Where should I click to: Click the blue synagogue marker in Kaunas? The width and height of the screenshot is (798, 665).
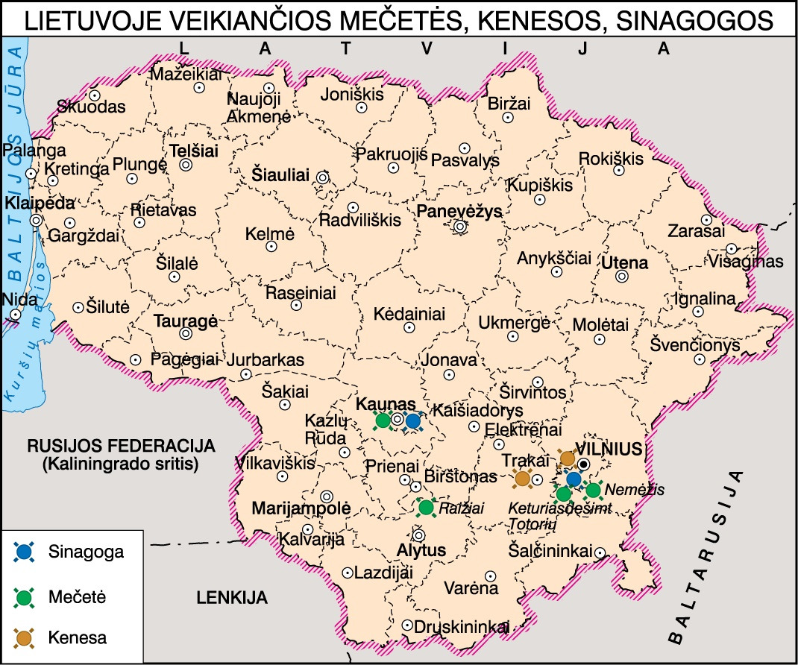point(412,421)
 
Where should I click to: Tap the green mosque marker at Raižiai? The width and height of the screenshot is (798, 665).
point(426,508)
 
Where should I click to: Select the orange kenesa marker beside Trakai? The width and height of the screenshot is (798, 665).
point(523,478)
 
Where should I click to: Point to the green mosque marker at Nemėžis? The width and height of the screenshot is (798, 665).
point(593,490)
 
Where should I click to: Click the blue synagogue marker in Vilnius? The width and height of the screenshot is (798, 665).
point(573,479)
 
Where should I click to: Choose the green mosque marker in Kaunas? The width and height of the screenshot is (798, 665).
point(383,421)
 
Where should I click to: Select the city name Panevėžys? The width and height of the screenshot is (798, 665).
point(459,210)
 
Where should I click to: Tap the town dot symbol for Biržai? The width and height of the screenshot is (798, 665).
point(508,117)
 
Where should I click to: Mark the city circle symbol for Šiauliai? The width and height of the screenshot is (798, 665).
point(322,177)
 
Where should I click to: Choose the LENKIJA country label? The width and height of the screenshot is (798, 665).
point(232,597)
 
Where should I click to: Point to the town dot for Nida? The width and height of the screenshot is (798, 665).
point(16,315)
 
